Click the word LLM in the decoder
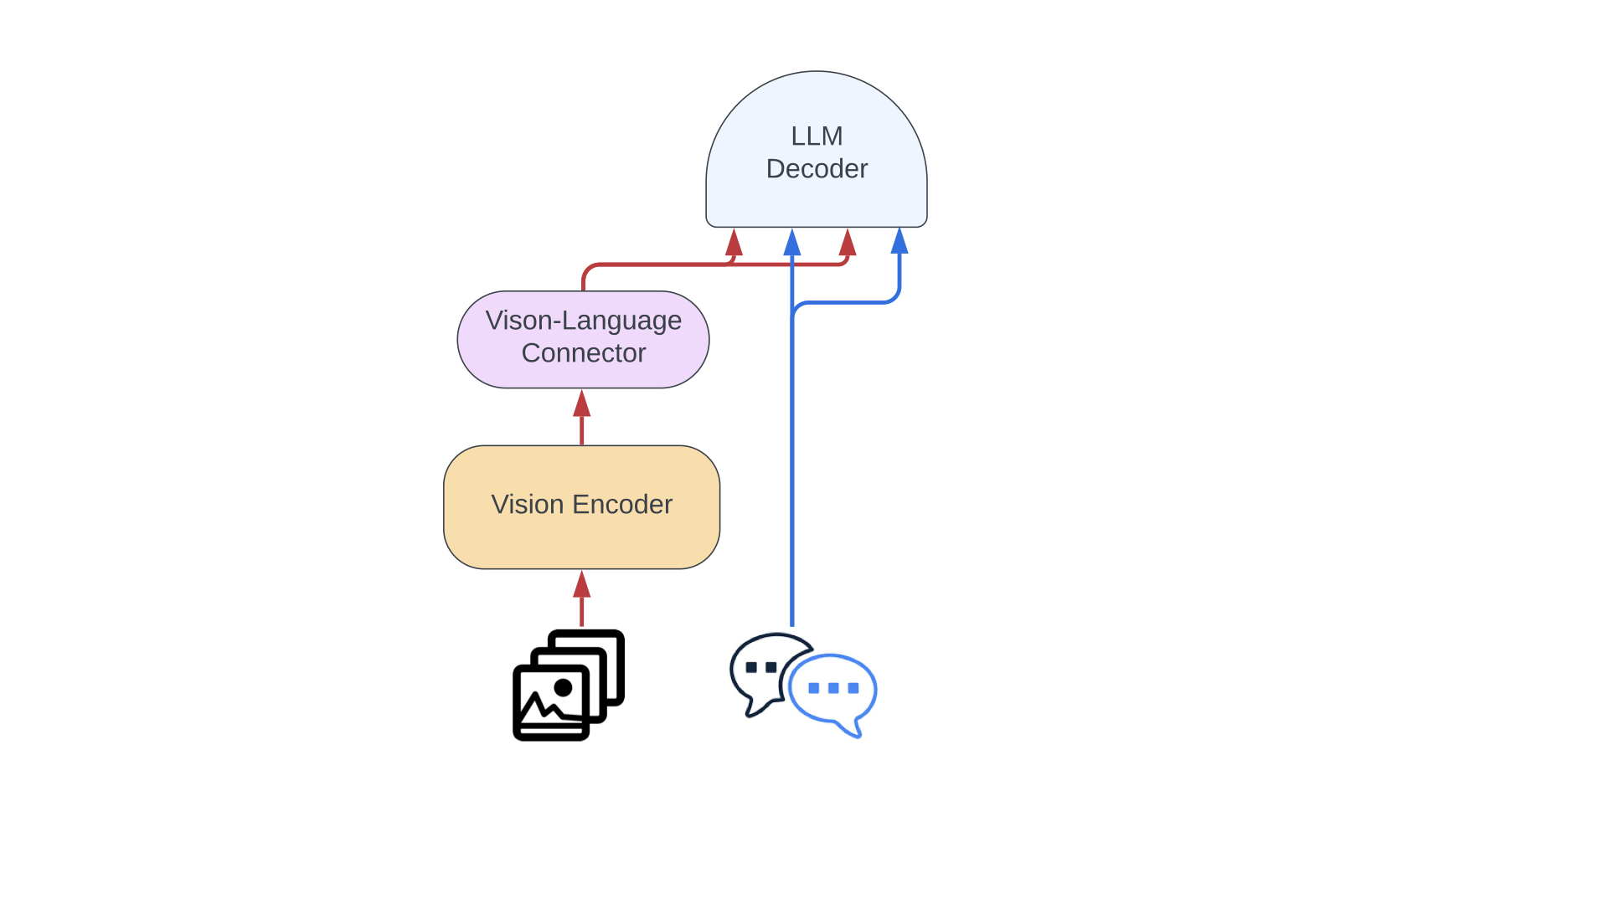coord(817,136)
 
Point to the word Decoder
coord(817,169)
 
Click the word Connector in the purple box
coord(584,353)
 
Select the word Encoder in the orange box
coord(622,505)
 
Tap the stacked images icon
coord(569,685)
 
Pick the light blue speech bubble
coord(833,691)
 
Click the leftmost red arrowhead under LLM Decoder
coord(734,243)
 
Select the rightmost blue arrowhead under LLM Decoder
coord(899,242)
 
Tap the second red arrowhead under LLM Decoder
coord(848,243)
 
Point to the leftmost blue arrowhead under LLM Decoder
coord(792,243)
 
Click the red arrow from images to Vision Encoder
coord(582,598)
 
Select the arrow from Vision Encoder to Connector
coord(582,417)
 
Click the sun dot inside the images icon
coord(563,688)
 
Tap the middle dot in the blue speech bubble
coord(833,688)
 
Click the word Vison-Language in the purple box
coord(584,321)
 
